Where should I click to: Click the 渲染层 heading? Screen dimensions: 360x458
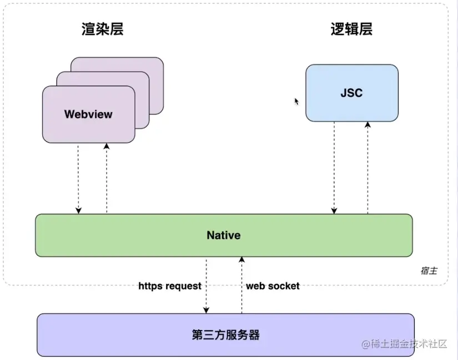[102, 29]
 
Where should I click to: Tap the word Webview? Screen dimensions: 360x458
[88, 114]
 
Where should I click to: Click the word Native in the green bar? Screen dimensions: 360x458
[224, 235]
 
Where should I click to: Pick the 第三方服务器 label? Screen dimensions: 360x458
[226, 335]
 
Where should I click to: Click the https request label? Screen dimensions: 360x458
[170, 286]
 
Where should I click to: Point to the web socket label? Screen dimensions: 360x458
[273, 286]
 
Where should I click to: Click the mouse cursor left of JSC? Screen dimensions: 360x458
[296, 101]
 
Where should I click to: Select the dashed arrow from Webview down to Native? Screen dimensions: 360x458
[78, 178]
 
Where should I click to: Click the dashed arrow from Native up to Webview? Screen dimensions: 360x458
[107, 178]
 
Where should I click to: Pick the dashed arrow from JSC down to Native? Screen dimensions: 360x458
[334, 167]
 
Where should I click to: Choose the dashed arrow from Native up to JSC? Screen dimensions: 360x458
[367, 167]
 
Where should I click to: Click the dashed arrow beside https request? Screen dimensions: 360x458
[207, 286]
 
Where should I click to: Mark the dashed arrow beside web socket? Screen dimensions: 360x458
[241, 286]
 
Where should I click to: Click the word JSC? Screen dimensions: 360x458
[351, 93]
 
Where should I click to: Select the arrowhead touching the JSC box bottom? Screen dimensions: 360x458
[367, 126]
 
